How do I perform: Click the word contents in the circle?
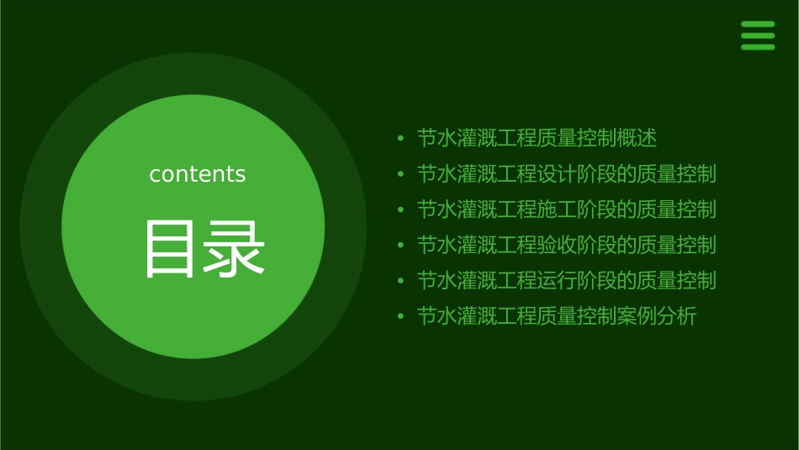[x=198, y=174]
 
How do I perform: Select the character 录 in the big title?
[x=235, y=249]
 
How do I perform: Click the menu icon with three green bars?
[x=758, y=35]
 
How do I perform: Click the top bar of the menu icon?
[x=758, y=24]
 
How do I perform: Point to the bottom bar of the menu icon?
[x=758, y=47]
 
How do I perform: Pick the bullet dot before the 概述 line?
[x=400, y=138]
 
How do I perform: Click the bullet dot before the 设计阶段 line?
[x=400, y=174]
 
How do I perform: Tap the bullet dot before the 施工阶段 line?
[x=400, y=209]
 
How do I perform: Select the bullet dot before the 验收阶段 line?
[x=400, y=246]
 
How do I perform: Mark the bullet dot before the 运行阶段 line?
[x=400, y=281]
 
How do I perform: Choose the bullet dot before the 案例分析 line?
[x=400, y=317]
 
